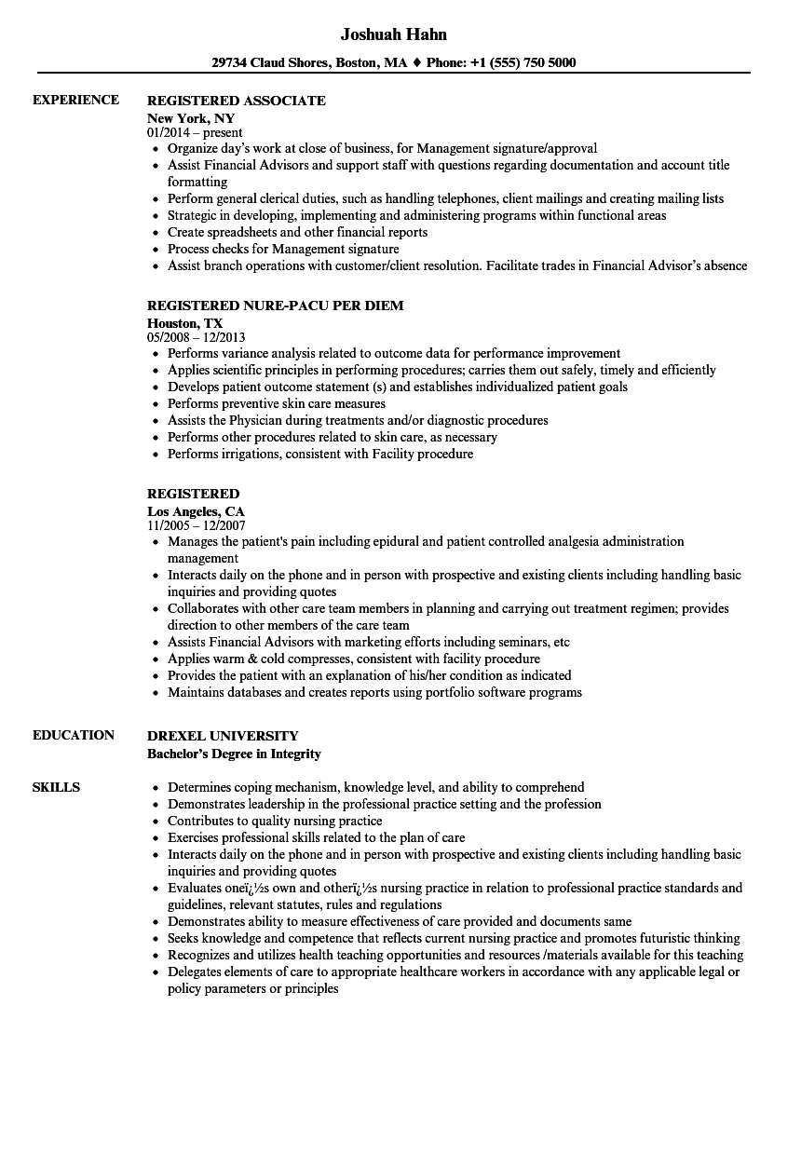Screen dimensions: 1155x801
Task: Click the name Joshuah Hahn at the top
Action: pos(393,34)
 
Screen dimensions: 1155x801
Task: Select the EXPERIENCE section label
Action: pos(75,100)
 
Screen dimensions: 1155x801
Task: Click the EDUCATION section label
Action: pos(74,735)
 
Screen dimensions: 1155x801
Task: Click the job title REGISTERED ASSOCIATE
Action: pos(237,101)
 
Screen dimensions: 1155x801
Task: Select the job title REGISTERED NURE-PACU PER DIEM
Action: pos(276,306)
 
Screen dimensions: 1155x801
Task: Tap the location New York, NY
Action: pos(191,118)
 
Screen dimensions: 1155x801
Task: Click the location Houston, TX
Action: pos(185,323)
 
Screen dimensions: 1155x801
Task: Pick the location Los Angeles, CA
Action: pos(197,511)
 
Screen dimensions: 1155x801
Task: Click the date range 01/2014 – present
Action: pos(192,133)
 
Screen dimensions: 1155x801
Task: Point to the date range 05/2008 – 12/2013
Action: pos(197,337)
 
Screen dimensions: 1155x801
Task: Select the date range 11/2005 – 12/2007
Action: pos(197,525)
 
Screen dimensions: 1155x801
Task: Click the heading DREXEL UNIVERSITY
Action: pos(223,736)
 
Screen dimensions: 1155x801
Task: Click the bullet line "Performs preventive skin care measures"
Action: pos(277,403)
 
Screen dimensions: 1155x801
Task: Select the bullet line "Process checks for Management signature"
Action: pos(283,249)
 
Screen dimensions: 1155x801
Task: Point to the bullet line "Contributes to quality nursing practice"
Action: pos(275,821)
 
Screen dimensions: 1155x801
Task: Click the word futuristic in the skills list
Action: pos(657,938)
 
